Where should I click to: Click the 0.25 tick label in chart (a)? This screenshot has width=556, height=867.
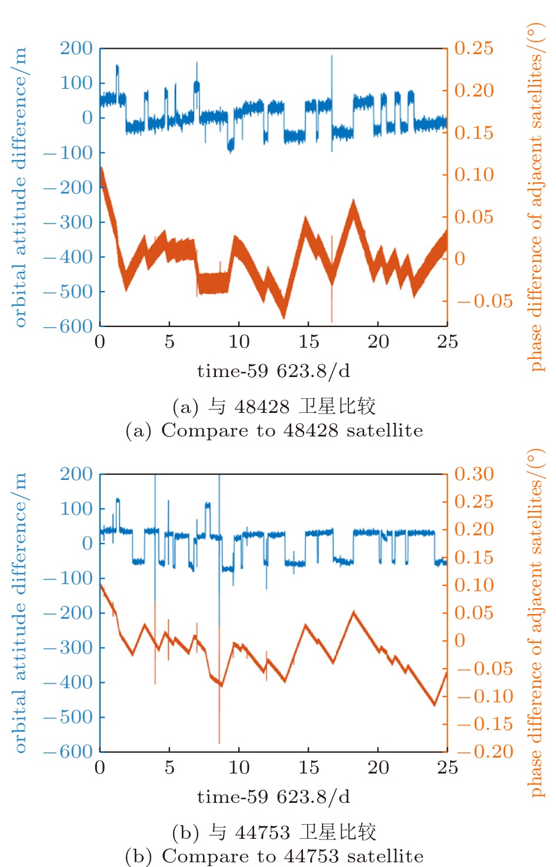click(474, 48)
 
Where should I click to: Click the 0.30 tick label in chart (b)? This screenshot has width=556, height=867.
click(474, 474)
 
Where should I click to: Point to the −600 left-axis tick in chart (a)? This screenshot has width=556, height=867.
click(68, 326)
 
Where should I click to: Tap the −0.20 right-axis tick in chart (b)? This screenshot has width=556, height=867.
click(485, 752)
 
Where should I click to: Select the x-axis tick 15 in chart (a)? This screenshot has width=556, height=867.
click(308, 342)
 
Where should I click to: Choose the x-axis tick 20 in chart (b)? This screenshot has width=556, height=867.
click(378, 768)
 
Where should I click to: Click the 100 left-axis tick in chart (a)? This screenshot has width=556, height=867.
click(76, 83)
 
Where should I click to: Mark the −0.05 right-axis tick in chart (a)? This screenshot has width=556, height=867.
click(485, 301)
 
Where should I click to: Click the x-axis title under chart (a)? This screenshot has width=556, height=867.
click(274, 371)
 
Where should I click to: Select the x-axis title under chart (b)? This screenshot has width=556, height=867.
click(274, 797)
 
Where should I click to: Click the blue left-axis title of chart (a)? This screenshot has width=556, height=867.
click(20, 187)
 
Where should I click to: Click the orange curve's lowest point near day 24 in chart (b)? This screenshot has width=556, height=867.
click(435, 703)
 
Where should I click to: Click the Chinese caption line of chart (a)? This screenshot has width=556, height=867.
click(274, 406)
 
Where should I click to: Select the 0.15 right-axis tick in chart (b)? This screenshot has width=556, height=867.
click(474, 558)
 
